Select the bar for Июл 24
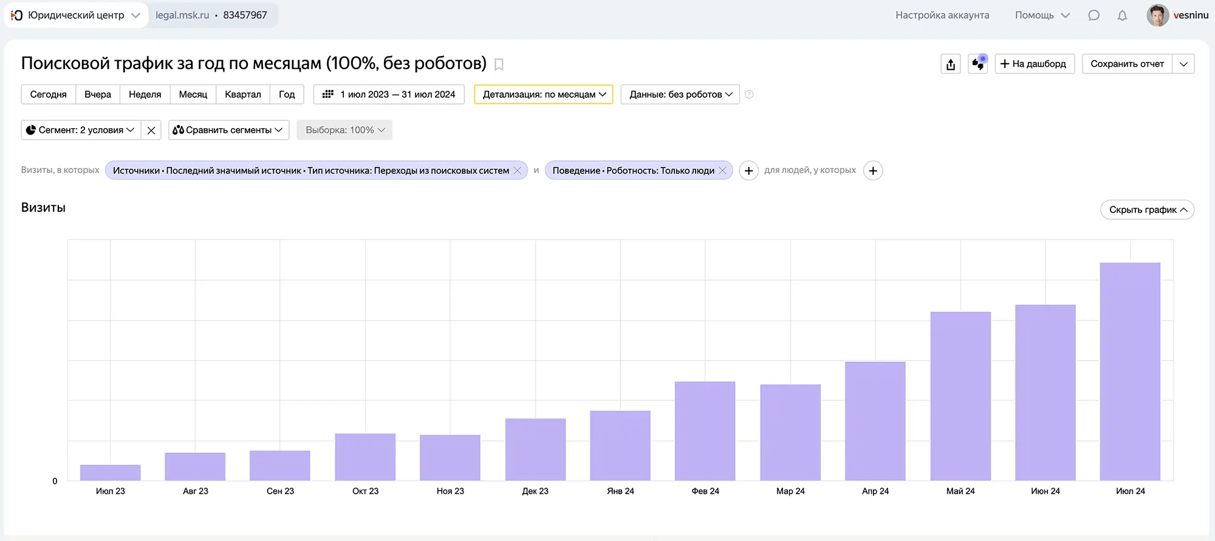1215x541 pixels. tap(1130, 372)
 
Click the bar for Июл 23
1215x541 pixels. tap(110, 472)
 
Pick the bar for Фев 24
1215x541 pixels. tap(705, 431)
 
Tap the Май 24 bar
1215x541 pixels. tap(960, 396)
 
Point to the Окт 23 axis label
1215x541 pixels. tap(365, 491)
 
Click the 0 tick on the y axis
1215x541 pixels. tap(55, 481)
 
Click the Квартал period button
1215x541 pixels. tap(242, 94)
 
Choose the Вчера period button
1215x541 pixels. tap(97, 94)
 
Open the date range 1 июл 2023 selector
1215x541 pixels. tap(389, 94)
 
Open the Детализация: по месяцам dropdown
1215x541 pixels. tap(544, 94)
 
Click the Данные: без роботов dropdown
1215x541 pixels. tap(680, 94)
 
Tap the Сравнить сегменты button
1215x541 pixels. tap(228, 130)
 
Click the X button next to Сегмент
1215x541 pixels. tap(151, 130)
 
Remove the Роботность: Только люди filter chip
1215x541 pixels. tap(722, 171)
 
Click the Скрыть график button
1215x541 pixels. tap(1147, 209)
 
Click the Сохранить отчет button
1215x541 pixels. tap(1127, 64)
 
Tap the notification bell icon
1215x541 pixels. tap(1122, 15)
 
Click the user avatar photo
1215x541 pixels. tap(1157, 15)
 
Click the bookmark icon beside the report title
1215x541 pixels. tap(499, 64)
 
